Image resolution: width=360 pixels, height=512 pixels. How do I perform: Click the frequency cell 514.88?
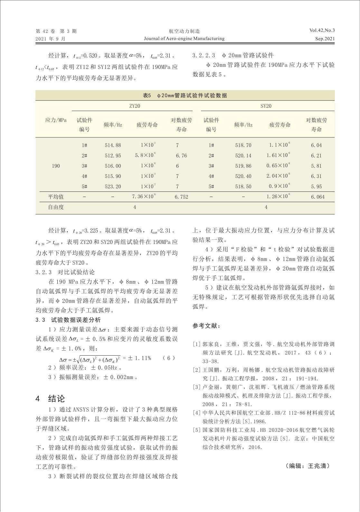113,145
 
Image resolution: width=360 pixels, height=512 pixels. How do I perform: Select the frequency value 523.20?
113,187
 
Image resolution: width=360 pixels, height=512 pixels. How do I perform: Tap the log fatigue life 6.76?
181,156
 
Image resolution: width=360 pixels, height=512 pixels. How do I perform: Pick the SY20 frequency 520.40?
243,176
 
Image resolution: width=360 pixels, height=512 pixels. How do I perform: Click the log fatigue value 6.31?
316,176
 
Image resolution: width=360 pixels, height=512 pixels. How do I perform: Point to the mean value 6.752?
181,197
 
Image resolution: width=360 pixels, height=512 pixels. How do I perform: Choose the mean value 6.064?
317,197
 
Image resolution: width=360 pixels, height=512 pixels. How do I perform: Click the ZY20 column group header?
135,106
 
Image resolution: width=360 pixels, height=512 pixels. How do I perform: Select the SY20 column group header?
266,106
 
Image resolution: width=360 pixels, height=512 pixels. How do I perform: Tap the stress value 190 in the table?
56,166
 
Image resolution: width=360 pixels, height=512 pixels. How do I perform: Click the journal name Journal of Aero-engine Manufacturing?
184,39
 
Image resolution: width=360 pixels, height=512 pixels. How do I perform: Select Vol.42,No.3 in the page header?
322,31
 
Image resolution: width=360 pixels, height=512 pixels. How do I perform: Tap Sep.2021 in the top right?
325,39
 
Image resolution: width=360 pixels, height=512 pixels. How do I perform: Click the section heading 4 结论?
50,399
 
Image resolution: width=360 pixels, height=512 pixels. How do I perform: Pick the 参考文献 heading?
206,326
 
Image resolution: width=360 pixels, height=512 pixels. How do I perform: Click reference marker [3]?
196,387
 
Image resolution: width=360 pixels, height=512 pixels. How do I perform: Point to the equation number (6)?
169,358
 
